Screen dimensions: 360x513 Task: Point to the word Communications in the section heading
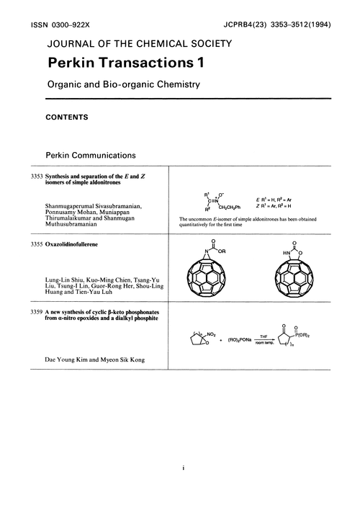tap(112, 155)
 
